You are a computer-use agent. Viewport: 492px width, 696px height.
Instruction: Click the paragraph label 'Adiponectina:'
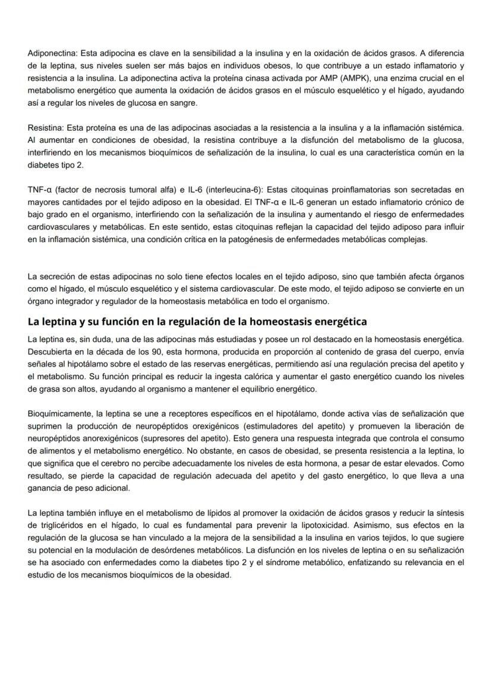click(x=53, y=53)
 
